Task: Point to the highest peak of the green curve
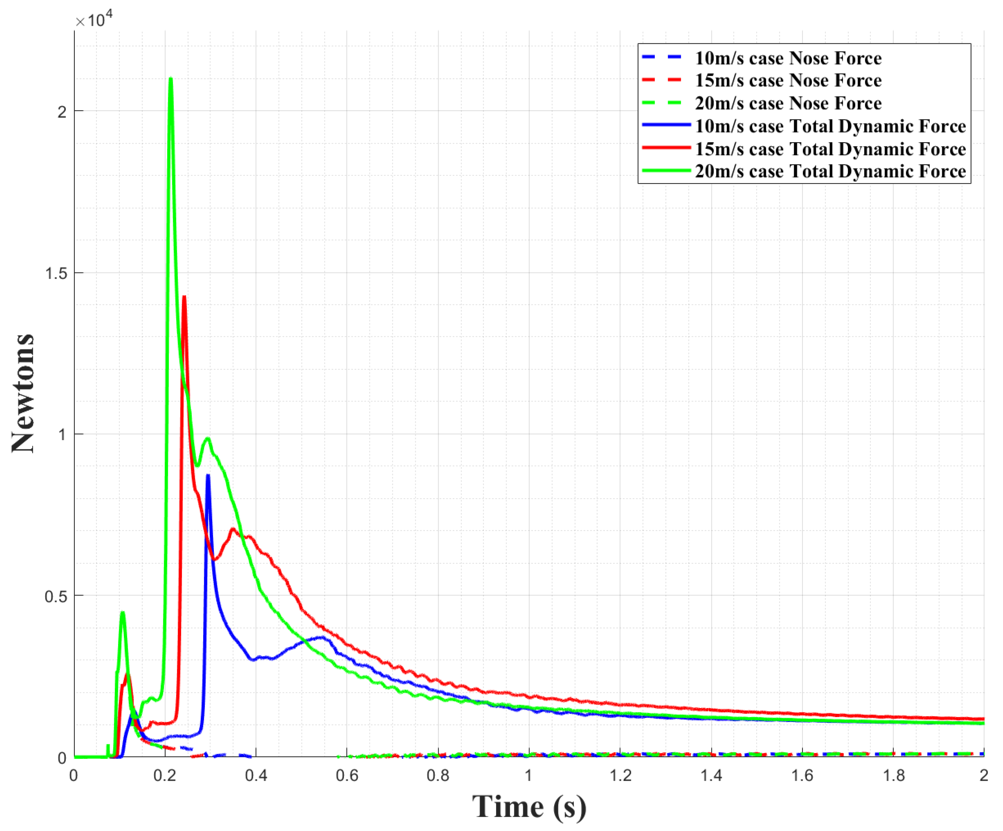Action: (171, 79)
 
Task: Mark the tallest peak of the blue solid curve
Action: (208, 476)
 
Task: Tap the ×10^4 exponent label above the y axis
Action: (94, 20)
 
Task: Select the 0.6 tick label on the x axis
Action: (347, 775)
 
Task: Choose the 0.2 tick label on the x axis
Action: (165, 775)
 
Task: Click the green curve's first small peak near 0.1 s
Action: (123, 613)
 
